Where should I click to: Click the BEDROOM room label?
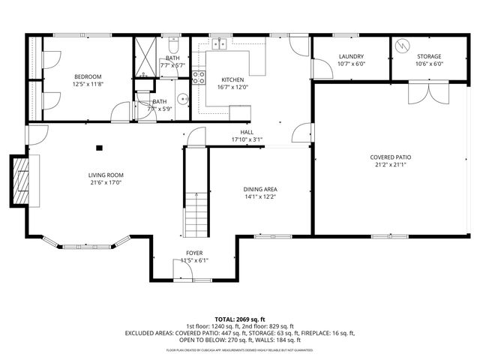pos(87,76)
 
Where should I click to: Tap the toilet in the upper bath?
pos(172,42)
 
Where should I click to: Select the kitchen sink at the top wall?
pos(219,43)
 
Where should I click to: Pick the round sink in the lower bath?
pos(181,98)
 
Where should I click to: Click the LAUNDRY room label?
pos(351,57)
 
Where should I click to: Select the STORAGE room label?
pos(429,57)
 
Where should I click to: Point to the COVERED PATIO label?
pos(390,157)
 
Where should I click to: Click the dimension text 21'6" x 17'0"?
pos(105,182)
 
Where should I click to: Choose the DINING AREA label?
pos(260,190)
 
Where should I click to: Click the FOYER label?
pos(194,253)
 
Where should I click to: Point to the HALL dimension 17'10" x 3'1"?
pos(247,139)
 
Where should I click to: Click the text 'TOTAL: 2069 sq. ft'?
pos(240,319)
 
